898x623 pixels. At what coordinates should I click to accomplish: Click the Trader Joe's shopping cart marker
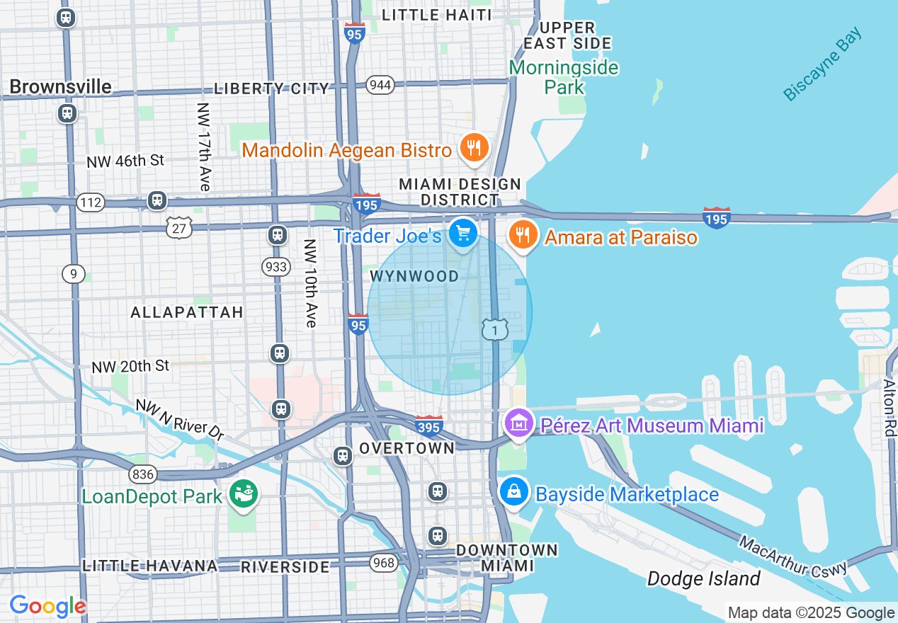(x=463, y=232)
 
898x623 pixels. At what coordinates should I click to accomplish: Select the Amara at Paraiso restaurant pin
(x=523, y=234)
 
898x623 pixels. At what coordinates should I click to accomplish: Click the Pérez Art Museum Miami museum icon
(x=518, y=423)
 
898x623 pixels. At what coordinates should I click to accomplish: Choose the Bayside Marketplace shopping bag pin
(x=514, y=491)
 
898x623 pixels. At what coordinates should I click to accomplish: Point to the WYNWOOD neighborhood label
(x=414, y=276)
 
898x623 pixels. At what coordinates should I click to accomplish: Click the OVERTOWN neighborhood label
(x=407, y=448)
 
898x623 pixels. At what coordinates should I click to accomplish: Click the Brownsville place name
(x=60, y=86)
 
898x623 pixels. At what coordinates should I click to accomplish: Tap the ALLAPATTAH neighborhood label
(x=187, y=312)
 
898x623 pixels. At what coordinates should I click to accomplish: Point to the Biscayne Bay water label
(x=823, y=64)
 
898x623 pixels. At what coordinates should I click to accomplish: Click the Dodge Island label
(x=703, y=578)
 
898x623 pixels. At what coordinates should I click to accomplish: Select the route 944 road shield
(x=380, y=85)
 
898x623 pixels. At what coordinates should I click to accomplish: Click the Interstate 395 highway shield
(x=429, y=426)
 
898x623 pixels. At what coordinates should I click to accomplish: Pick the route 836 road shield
(x=142, y=474)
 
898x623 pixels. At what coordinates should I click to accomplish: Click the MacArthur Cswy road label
(x=793, y=556)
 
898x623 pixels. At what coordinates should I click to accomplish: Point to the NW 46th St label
(x=125, y=161)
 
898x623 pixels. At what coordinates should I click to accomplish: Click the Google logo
(x=47, y=606)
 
